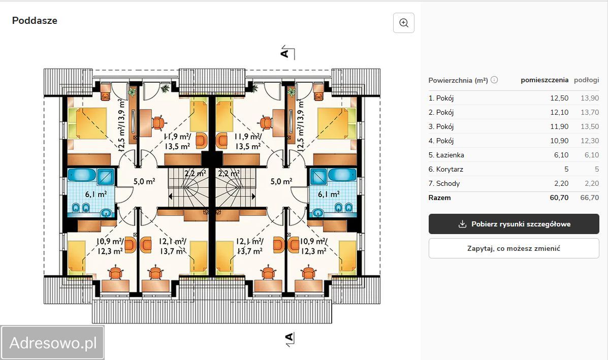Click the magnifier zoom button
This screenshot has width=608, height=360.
pos(404,23)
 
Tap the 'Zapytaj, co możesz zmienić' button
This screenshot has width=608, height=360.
pos(514,248)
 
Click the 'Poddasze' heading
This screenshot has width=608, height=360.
pos(35,20)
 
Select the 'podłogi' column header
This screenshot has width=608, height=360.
pos(586,80)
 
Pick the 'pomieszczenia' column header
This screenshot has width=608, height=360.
pos(545,80)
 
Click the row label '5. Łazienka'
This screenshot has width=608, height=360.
pos(446,155)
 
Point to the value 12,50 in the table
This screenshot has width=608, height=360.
pos(559,98)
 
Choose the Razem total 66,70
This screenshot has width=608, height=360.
pos(589,198)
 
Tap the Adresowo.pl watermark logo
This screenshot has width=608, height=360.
pos(52,343)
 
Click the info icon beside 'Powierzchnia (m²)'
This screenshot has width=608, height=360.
pos(494,80)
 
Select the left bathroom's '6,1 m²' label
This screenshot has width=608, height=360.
pos(96,194)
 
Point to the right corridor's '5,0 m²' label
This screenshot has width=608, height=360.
pos(281,181)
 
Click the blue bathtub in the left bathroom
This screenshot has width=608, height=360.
pos(82,175)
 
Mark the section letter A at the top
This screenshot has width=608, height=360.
pos(284,52)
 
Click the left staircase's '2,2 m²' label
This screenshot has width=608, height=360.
pos(196,173)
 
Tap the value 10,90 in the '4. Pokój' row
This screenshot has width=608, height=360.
pos(559,141)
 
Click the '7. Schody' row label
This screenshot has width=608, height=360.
pos(444,184)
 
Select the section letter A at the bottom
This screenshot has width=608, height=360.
pos(290,337)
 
